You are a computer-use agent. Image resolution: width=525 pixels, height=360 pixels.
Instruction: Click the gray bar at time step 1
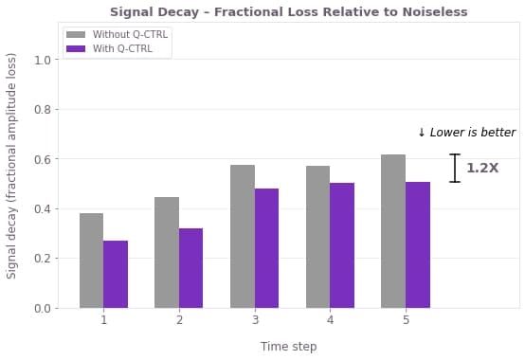(x=91, y=261)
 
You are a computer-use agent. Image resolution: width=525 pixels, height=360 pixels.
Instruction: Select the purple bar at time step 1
(x=116, y=275)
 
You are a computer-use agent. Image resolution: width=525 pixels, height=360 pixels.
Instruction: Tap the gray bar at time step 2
(x=167, y=253)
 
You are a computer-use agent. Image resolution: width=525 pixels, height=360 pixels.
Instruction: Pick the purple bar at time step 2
(x=190, y=268)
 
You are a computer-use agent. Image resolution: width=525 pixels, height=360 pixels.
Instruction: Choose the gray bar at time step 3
(x=243, y=237)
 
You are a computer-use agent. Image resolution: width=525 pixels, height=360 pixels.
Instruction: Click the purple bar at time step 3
(x=266, y=248)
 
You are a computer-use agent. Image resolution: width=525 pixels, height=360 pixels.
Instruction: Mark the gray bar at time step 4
(x=318, y=237)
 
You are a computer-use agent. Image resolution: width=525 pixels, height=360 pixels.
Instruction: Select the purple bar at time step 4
(x=342, y=245)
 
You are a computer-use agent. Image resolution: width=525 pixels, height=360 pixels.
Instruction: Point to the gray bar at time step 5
(x=393, y=231)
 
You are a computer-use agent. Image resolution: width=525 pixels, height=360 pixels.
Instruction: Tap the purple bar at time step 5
(x=418, y=245)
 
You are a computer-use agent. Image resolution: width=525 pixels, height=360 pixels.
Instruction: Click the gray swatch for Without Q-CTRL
(x=76, y=34)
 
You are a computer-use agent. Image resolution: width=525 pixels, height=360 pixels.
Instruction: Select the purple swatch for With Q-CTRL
(x=76, y=49)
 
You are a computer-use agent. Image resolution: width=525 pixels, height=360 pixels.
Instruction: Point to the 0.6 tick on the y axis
(x=56, y=158)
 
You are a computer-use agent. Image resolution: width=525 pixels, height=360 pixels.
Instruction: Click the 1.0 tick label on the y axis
(x=43, y=61)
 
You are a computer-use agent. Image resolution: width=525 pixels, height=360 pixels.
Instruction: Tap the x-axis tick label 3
(x=255, y=320)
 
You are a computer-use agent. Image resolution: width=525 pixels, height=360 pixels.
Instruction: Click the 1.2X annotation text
(x=482, y=168)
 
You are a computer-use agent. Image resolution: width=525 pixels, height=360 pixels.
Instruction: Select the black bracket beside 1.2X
(x=455, y=168)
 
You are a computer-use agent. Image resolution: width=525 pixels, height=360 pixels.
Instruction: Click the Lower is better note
(x=467, y=133)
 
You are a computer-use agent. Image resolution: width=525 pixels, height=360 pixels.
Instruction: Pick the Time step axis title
(x=289, y=347)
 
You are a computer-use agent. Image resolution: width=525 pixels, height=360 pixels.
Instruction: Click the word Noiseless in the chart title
(x=435, y=12)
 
